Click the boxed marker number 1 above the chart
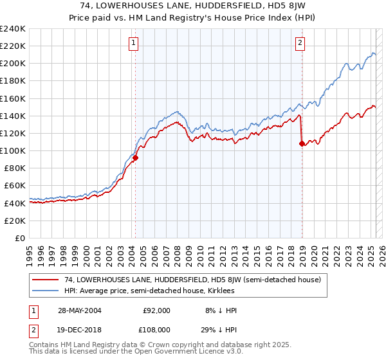tap(133, 43)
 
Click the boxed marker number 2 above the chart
tap(300, 43)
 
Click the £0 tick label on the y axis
tap(20, 238)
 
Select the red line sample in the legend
tap(46, 280)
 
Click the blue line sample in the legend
tap(46, 291)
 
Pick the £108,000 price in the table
tap(156, 329)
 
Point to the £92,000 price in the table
tap(156, 310)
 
